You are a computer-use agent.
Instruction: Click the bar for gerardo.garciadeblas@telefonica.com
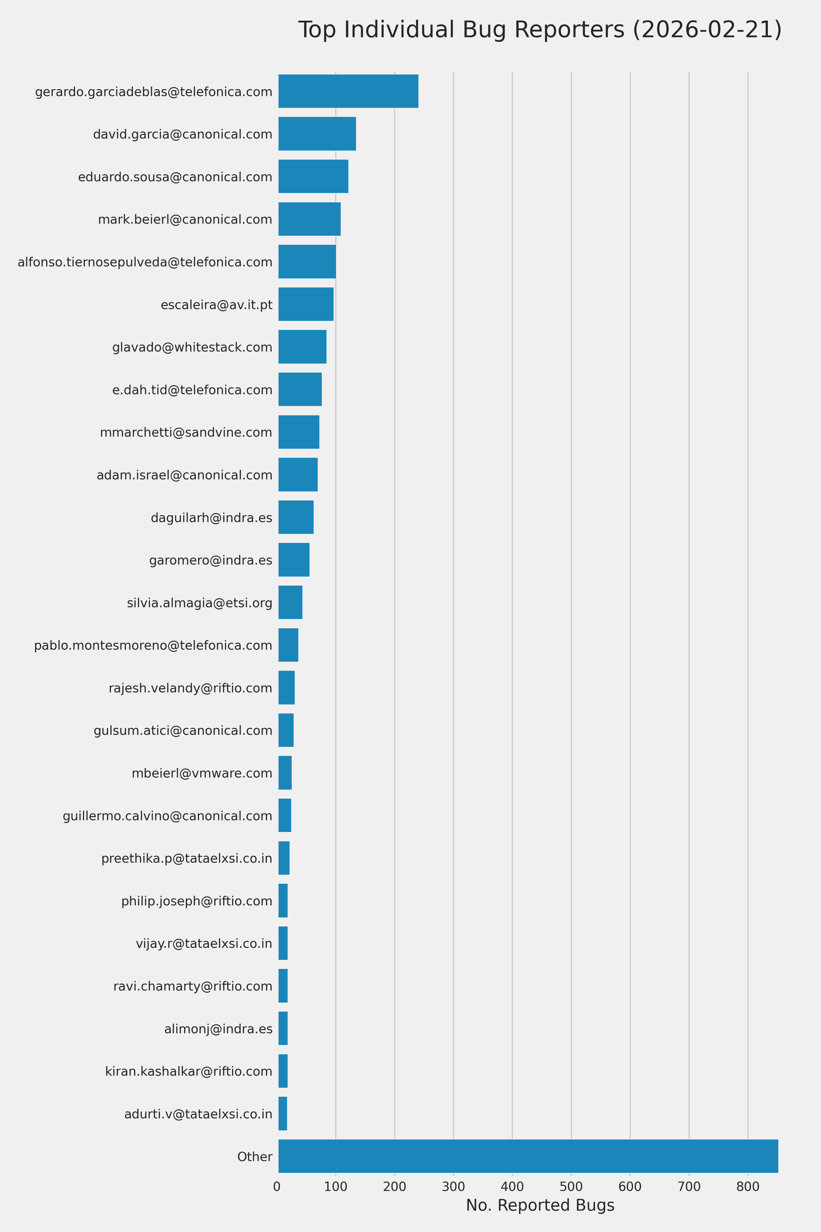coord(348,91)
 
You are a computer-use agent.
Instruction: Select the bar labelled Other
coord(528,1156)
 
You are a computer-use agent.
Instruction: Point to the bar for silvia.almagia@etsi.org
coord(290,602)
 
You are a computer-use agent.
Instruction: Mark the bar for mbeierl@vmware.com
coord(285,773)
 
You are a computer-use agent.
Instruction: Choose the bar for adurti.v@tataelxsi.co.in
coord(283,1114)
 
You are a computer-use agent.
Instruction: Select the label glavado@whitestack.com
coord(192,347)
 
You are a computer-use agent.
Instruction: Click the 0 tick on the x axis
coord(277,1187)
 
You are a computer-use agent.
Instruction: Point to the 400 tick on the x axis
coord(512,1187)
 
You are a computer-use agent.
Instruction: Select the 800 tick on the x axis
coord(748,1187)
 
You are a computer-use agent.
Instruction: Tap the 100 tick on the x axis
coord(336,1187)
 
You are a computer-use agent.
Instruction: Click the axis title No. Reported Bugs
coord(540,1205)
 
